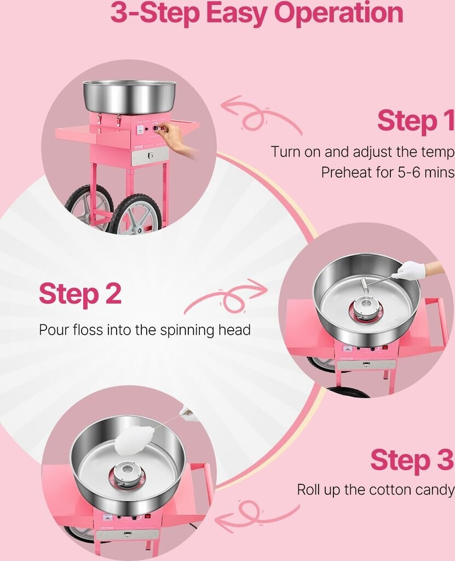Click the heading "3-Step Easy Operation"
257,13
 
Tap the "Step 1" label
416,121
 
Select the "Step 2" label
80,294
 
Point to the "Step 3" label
412,460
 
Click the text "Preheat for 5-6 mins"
388,173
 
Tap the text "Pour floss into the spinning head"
145,330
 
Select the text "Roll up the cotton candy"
376,489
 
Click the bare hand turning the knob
176,138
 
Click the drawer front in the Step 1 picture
150,156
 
